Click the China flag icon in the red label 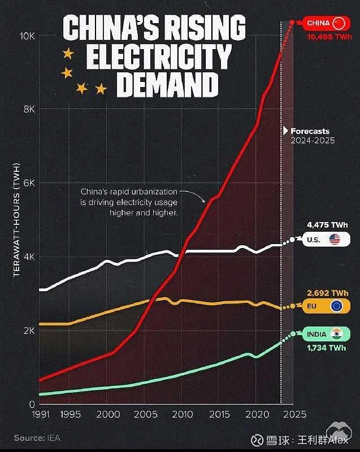pyautogui.click(x=338, y=23)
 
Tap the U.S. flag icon pyautogui.click(x=335, y=240)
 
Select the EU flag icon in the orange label pyautogui.click(x=337, y=307)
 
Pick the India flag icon pyautogui.click(x=337, y=334)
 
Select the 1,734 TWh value pyautogui.click(x=327, y=348)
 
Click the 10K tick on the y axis pyautogui.click(x=28, y=36)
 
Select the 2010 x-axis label pyautogui.click(x=182, y=415)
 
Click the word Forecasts pyautogui.click(x=310, y=131)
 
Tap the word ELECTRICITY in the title pyautogui.click(x=160, y=57)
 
